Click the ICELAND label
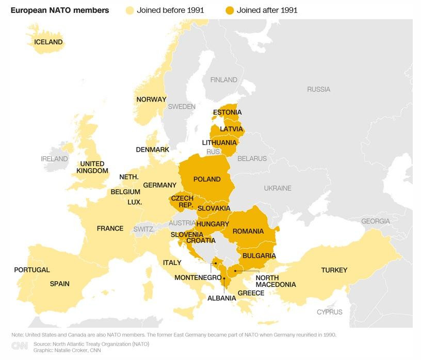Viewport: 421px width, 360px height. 48,42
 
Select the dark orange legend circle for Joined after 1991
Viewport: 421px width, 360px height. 229,10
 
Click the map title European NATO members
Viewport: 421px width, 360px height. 60,10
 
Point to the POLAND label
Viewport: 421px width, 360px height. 207,179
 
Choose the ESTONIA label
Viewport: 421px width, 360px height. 227,112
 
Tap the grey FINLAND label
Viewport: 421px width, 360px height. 223,80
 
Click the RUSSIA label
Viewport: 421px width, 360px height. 318,89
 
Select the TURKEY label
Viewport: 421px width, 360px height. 334,270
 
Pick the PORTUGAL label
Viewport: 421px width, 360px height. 32,270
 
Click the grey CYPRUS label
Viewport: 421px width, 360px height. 329,312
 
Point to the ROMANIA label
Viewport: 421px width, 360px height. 248,232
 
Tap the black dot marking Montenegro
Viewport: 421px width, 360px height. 216,263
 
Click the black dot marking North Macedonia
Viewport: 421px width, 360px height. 235,271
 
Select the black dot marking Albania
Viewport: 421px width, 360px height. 224,279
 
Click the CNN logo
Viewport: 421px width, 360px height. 20,346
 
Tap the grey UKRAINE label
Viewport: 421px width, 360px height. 278,189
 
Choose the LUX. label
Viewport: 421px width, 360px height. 135,202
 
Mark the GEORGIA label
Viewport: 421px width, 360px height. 375,221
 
